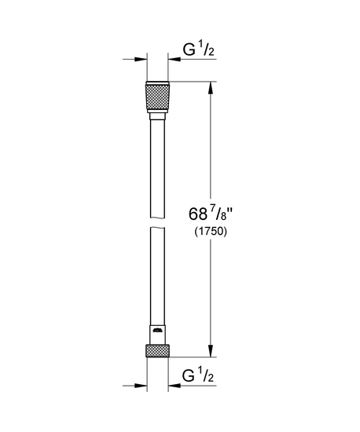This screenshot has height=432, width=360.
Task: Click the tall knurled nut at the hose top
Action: (156, 97)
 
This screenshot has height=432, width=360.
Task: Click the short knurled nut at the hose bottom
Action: (156, 351)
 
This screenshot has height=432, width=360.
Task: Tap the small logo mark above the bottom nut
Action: (156, 333)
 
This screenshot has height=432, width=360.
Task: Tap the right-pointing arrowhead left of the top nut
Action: (143, 60)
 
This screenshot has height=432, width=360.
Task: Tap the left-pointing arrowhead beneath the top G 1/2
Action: (171, 60)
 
